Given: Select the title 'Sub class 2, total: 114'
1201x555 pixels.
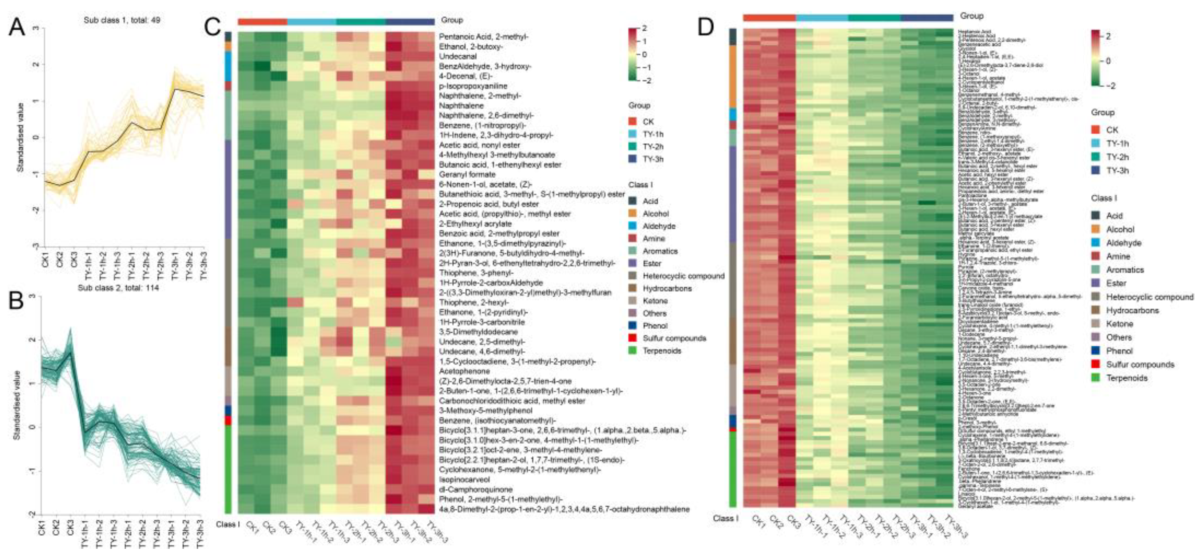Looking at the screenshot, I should pos(118,288).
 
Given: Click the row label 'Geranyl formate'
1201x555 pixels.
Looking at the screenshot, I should pos(467,174).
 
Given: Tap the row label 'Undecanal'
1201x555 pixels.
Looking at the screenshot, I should pos(456,56).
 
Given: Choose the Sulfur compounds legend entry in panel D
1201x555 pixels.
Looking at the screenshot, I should pos(1139,364).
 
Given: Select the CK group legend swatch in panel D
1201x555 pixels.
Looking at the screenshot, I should pos(1095,130).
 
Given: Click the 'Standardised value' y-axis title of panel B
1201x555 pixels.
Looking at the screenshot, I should pos(17,405).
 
